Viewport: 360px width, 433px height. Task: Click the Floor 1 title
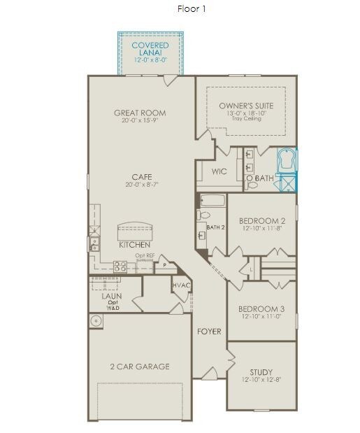point(192,9)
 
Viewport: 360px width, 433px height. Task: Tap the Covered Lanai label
point(150,49)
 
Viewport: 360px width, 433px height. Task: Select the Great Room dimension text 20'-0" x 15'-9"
point(140,120)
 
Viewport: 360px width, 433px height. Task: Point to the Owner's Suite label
point(246,106)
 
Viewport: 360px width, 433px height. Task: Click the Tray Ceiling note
point(246,118)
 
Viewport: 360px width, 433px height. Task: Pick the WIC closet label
point(219,171)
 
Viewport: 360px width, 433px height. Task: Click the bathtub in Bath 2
point(213,201)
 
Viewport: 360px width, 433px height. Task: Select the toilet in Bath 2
point(203,214)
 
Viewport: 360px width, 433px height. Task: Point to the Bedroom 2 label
point(262,221)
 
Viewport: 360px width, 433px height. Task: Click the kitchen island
point(135,231)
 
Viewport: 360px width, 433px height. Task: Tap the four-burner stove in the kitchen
point(120,267)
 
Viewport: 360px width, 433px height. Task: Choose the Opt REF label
point(145,256)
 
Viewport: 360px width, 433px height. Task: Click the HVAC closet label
point(182,285)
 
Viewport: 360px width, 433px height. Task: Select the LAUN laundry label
point(111,297)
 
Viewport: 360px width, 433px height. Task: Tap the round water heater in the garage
point(96,321)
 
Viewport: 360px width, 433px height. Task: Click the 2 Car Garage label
point(140,367)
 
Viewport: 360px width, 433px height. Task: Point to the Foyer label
point(209,332)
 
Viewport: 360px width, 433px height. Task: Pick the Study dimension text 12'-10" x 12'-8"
point(261,379)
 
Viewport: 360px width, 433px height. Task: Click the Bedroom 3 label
point(261,309)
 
